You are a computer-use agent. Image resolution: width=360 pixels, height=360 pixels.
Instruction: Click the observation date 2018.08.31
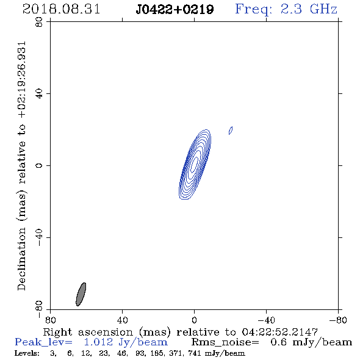pyautogui.click(x=61, y=9)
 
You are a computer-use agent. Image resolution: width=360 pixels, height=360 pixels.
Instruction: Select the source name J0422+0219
pyautogui.click(x=175, y=10)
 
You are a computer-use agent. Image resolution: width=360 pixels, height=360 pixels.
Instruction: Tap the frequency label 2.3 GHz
pyautogui.click(x=309, y=9)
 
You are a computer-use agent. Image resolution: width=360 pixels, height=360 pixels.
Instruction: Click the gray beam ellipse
pyautogui.click(x=81, y=294)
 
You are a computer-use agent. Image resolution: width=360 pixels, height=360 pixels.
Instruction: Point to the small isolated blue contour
pyautogui.click(x=231, y=131)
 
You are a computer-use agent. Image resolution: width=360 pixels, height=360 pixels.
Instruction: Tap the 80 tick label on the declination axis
pyautogui.click(x=39, y=22)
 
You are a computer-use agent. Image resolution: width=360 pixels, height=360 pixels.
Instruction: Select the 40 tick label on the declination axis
pyautogui.click(x=39, y=94)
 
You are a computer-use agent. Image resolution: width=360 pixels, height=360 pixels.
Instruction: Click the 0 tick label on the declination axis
pyautogui.click(x=39, y=165)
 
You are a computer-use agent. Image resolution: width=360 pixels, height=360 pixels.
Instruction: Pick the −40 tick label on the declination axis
pyautogui.click(x=39, y=237)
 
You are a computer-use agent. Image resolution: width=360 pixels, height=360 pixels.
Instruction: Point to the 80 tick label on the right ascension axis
pyautogui.click(x=50, y=320)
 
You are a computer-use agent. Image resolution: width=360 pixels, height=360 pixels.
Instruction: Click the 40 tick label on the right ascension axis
pyautogui.click(x=122, y=320)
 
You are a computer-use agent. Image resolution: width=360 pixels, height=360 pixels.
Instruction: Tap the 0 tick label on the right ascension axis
pyautogui.click(x=194, y=320)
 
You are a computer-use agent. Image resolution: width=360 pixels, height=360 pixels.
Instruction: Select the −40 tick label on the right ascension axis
pyautogui.click(x=266, y=320)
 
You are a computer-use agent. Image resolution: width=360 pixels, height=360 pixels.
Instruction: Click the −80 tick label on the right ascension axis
pyautogui.click(x=338, y=320)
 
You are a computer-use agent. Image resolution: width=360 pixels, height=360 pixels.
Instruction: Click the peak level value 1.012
pyautogui.click(x=98, y=342)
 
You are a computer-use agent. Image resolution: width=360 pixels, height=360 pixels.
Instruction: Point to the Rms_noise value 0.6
pyautogui.click(x=278, y=342)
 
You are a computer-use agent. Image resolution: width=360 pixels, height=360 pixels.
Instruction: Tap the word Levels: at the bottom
pyautogui.click(x=27, y=353)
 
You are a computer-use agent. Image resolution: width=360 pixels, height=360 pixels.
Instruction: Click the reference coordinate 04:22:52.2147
pyautogui.click(x=279, y=332)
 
